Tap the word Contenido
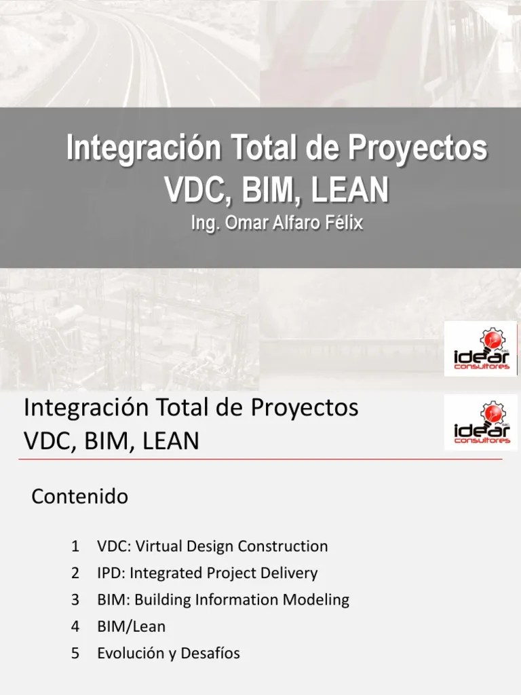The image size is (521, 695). tap(80, 497)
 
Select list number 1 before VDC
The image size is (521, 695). tap(75, 546)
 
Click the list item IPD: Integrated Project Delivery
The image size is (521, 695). tap(207, 573)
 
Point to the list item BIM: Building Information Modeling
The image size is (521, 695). tap(223, 600)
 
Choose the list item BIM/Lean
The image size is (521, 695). tap(131, 626)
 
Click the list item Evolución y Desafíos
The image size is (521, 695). tap(168, 654)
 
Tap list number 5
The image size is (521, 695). tap(75, 654)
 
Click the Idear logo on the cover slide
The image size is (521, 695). tap(481, 349)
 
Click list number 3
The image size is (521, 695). tap(75, 600)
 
